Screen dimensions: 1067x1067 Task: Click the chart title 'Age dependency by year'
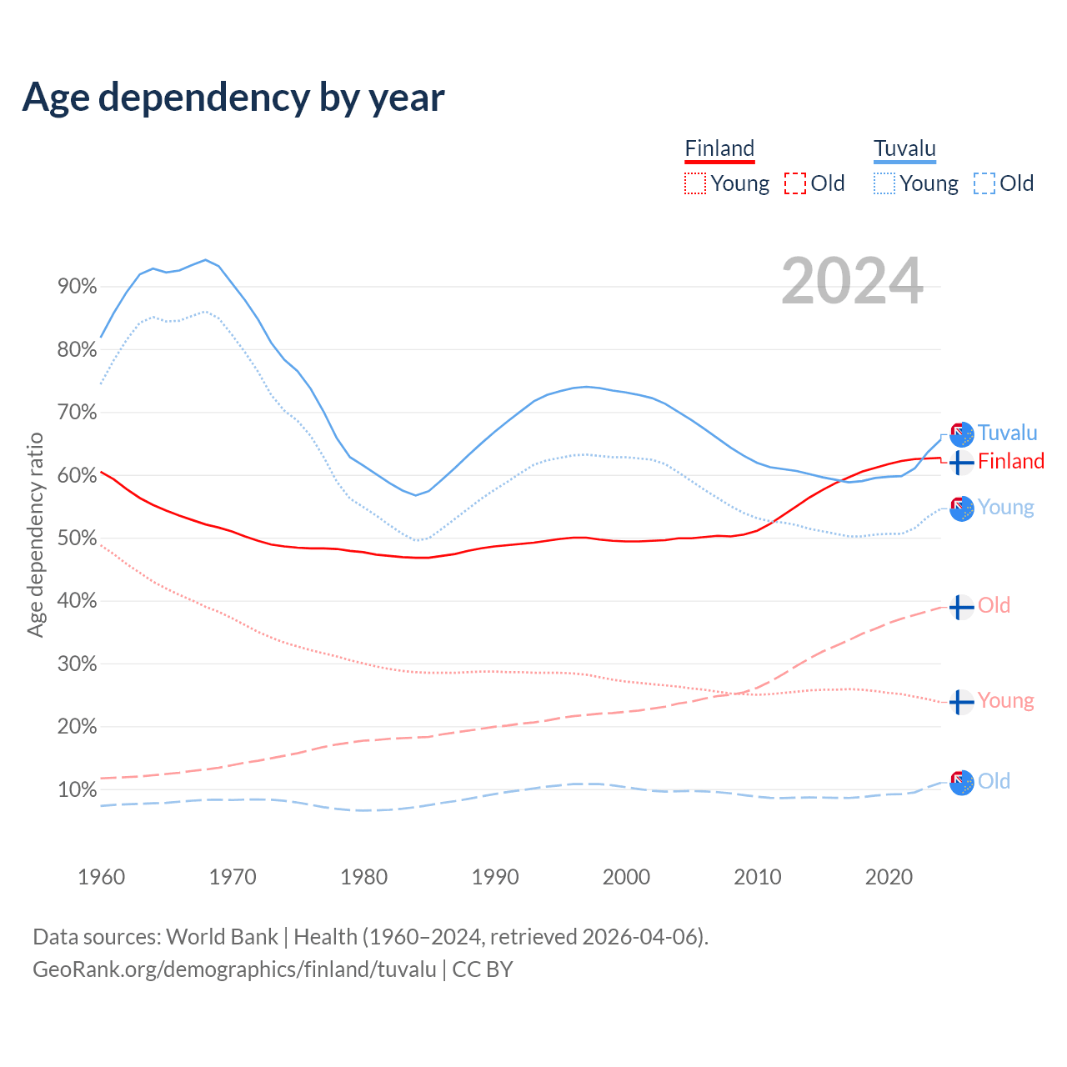[233, 98]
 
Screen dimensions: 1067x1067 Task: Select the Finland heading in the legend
[719, 149]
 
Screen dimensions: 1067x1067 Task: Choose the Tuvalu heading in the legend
[904, 149]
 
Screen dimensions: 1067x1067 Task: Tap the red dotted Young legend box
[695, 183]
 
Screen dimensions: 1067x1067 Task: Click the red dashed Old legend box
[795, 183]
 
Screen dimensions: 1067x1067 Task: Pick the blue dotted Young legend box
[884, 183]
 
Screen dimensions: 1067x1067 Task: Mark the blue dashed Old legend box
[984, 183]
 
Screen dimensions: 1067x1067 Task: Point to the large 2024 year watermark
[852, 282]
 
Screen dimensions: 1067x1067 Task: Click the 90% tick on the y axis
[77, 287]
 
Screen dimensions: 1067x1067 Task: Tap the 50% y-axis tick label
[77, 539]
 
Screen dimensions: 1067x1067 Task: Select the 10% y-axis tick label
[77, 790]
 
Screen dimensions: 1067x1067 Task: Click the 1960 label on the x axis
[101, 877]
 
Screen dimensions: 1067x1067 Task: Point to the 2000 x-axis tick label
[626, 877]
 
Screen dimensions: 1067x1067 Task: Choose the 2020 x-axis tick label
[889, 877]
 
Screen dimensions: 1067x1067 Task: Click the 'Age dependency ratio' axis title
[35, 534]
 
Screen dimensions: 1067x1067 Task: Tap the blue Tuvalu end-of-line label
[1007, 433]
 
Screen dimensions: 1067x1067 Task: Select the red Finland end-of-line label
[1010, 461]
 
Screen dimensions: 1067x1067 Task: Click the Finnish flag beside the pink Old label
[961, 607]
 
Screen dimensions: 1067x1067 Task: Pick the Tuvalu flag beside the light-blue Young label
[961, 508]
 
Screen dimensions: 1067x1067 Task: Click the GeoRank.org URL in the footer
[234, 969]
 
